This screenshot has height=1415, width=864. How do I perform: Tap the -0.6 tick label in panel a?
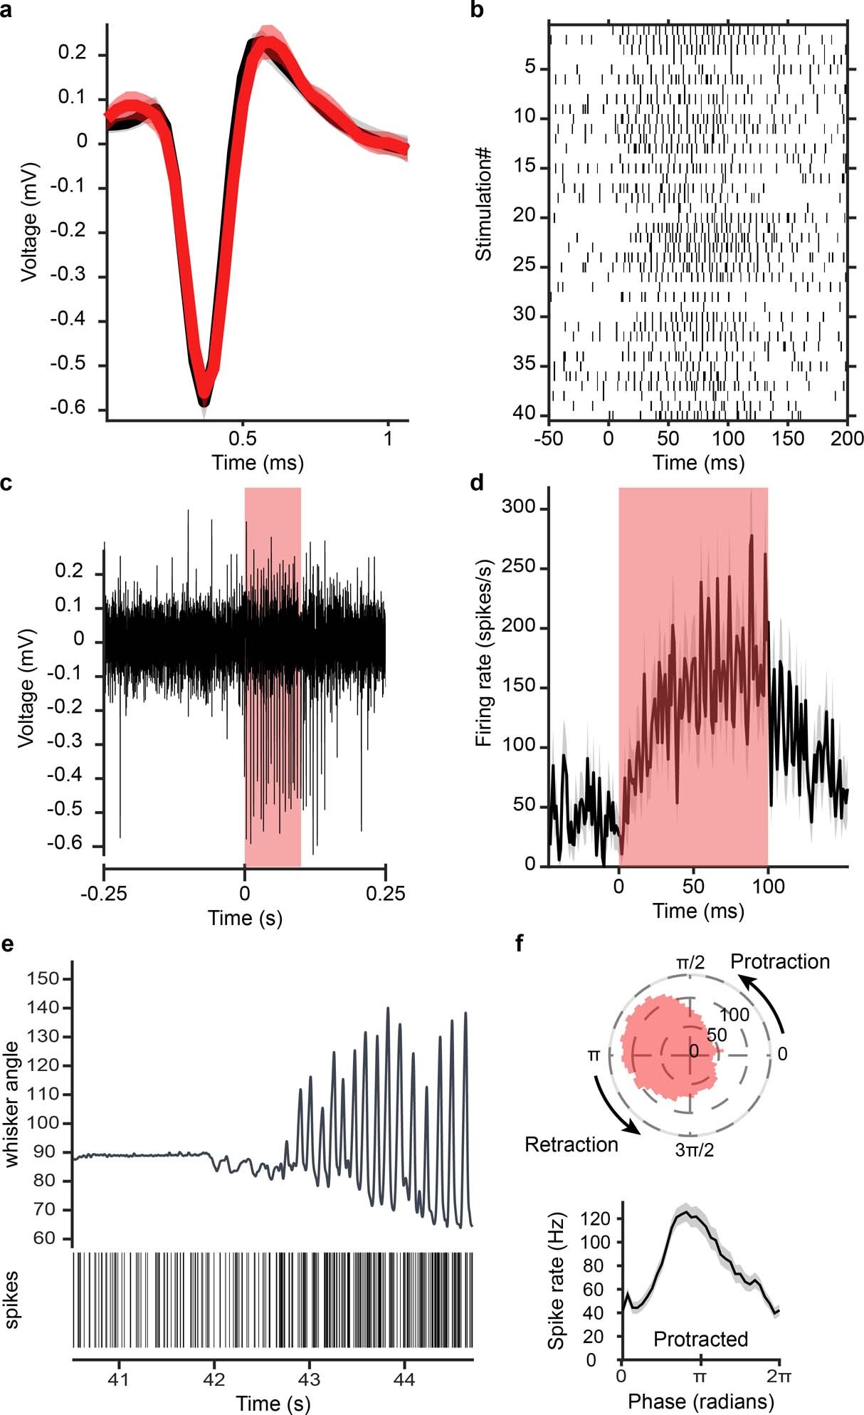tap(68, 408)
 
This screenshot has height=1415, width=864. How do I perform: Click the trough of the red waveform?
tap(204, 390)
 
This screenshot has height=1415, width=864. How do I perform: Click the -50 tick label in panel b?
tap(549, 437)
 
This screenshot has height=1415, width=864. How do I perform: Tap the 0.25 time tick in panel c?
tap(385, 892)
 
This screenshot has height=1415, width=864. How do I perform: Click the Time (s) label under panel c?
tap(245, 918)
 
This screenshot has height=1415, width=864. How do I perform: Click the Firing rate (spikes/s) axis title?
tap(484, 677)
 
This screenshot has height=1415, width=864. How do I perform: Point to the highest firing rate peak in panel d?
tap(751, 535)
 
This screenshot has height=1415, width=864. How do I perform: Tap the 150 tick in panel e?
tap(43, 979)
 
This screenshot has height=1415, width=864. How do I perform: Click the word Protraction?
tap(780, 961)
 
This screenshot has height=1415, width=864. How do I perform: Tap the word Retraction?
tap(571, 1144)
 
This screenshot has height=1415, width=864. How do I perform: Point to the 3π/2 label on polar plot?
tap(694, 1149)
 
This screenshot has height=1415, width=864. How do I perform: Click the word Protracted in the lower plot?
tap(700, 1340)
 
